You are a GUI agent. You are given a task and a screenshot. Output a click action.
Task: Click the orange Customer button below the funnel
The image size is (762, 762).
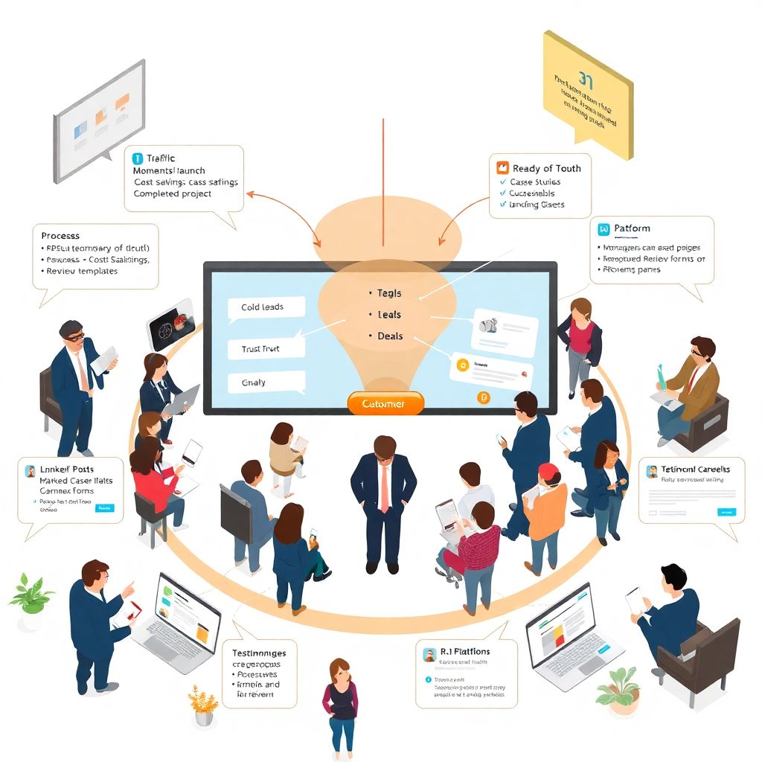385,403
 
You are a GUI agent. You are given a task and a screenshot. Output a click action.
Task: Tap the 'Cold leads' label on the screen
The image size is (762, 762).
262,307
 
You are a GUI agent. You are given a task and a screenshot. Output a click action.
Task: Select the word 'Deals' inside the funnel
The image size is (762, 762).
389,336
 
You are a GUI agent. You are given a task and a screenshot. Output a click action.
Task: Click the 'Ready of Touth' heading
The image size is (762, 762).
546,168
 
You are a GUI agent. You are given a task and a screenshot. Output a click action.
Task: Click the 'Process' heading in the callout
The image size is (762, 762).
60,235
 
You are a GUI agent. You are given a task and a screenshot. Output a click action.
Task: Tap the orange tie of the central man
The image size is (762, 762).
384,487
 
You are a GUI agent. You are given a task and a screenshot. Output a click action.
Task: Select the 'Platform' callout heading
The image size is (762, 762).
632,228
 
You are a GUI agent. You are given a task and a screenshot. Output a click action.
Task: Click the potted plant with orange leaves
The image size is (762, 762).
202,705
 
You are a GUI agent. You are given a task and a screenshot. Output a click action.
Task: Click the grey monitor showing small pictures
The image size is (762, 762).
99,121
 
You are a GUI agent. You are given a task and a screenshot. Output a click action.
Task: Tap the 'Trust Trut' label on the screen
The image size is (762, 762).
261,348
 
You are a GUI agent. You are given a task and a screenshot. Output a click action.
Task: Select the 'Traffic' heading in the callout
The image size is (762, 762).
161,159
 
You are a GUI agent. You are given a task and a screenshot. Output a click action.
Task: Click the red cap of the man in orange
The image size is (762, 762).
548,471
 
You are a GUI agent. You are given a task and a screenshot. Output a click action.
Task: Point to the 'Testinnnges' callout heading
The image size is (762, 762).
259,653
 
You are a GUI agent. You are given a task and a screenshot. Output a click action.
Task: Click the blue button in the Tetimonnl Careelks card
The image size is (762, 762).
726,512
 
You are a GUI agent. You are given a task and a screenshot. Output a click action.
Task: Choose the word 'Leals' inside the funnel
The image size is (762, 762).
388,315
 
